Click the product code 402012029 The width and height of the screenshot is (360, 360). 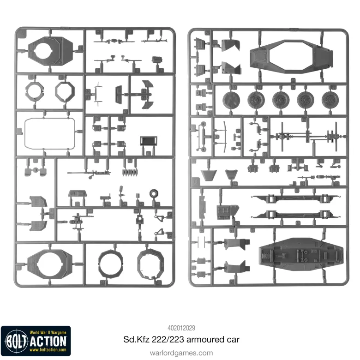tap(181, 328)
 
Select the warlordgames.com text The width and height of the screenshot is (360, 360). tap(181, 353)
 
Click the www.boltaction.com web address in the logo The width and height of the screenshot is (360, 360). tap(48, 350)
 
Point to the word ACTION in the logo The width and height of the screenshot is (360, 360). tap(48, 342)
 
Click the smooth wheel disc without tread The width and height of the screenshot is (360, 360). tap(231, 100)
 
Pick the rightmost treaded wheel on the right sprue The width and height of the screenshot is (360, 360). tap(330, 100)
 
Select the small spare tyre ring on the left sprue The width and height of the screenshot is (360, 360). tap(154, 193)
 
